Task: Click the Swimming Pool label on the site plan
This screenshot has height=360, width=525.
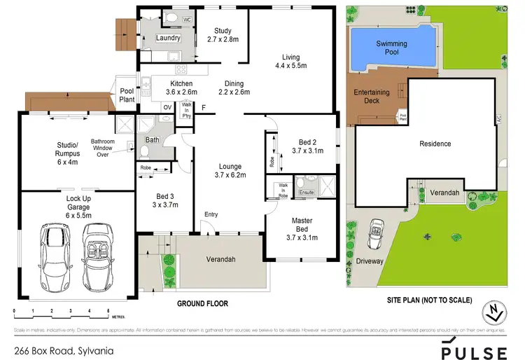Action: [391, 48]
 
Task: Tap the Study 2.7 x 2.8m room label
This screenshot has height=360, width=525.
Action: [223, 35]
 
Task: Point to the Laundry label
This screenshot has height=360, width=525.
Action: [169, 38]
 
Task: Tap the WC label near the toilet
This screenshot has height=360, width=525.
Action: [187, 20]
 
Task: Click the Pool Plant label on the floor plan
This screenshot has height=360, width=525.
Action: [127, 95]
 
